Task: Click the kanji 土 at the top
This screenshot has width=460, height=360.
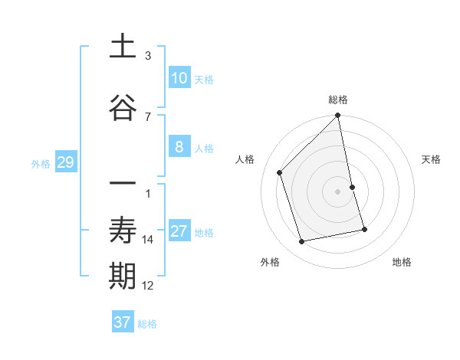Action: click(x=123, y=47)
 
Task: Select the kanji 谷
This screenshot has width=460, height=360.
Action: click(x=123, y=108)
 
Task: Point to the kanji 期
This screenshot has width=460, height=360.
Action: click(x=123, y=277)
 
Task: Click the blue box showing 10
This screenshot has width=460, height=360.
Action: click(x=179, y=78)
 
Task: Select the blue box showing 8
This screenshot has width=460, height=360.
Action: click(x=179, y=148)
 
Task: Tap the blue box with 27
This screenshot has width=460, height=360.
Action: click(x=179, y=232)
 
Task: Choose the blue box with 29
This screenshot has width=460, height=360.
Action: click(x=65, y=162)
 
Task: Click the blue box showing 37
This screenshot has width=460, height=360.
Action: click(x=122, y=322)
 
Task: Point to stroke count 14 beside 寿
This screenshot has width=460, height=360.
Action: click(x=148, y=240)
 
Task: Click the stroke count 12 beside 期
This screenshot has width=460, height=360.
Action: click(x=148, y=286)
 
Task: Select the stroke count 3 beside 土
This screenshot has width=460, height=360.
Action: click(x=148, y=56)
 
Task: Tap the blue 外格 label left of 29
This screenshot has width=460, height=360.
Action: click(x=41, y=163)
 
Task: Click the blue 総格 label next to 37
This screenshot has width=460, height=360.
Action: click(x=147, y=324)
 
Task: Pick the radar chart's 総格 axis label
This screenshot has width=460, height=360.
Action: click(x=338, y=100)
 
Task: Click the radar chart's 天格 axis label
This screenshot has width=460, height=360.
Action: click(x=432, y=159)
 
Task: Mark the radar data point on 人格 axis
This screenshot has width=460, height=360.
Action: click(x=280, y=172)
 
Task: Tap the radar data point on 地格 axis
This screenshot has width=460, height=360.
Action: click(x=364, y=229)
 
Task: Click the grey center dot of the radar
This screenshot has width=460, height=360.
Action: click(x=338, y=191)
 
